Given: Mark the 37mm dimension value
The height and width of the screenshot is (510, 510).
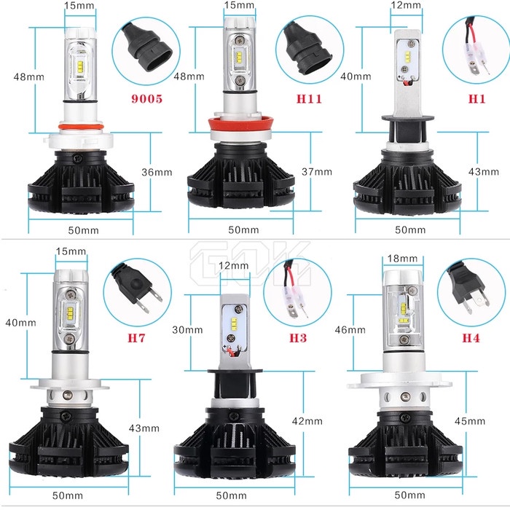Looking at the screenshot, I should [317, 172].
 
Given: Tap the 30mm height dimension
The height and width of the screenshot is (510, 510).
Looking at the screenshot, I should [188, 329].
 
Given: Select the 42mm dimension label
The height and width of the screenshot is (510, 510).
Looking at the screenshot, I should [307, 420].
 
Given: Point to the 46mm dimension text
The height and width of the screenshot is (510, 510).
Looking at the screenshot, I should [349, 329].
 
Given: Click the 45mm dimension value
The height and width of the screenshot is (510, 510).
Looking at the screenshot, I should [469, 420].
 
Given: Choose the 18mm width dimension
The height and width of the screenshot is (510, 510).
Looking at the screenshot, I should [403, 259].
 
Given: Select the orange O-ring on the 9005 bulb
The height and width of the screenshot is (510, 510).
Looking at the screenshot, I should [75, 133].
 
